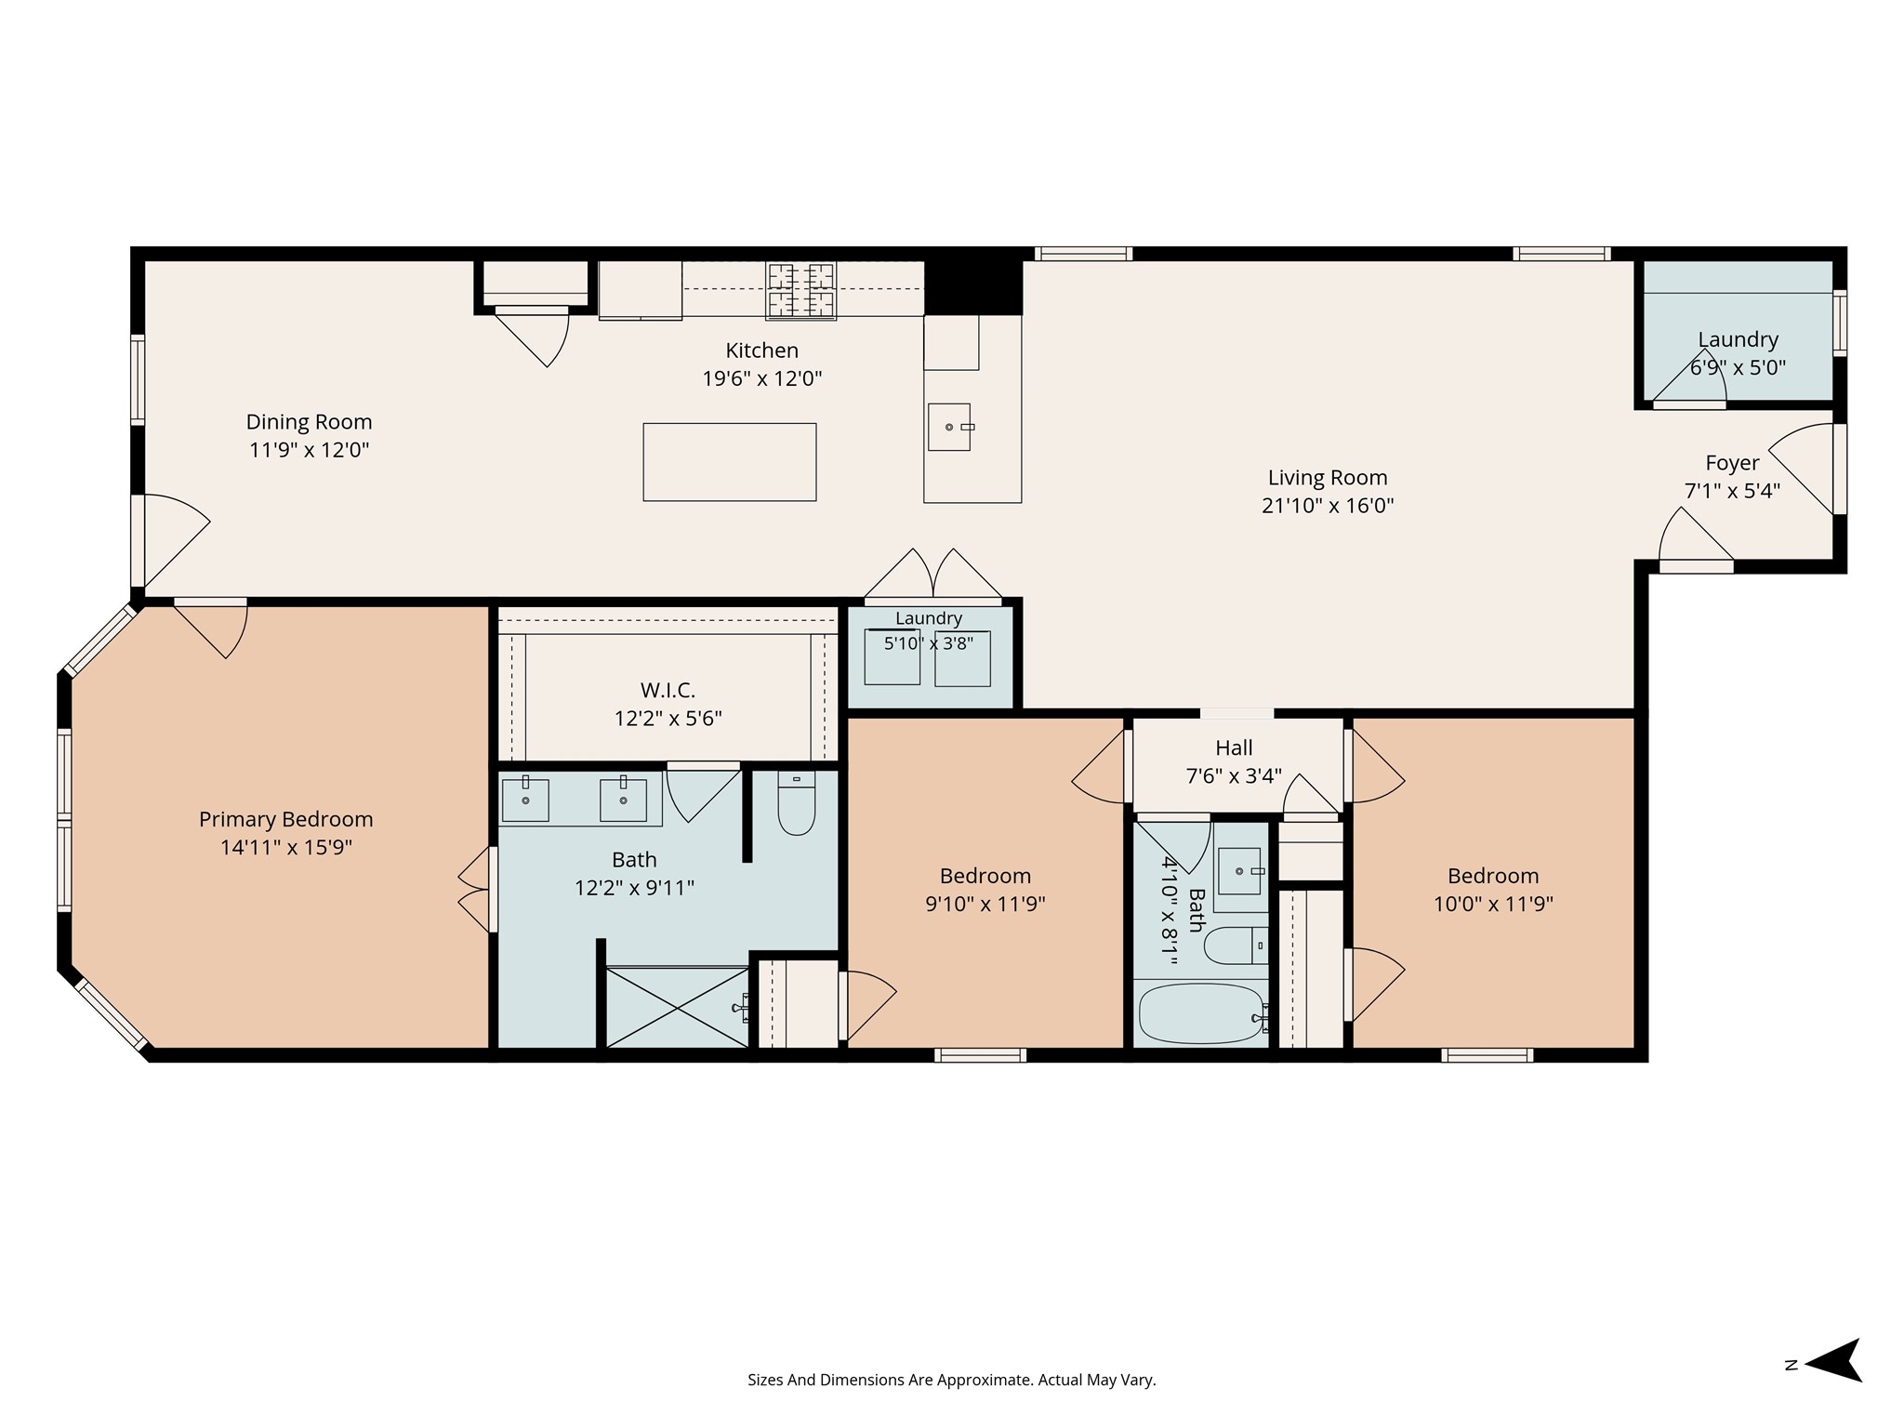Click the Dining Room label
coord(309,422)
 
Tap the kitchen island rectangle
coord(730,462)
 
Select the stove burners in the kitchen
coord(800,290)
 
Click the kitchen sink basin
coord(948,427)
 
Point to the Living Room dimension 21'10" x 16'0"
coord(1328,506)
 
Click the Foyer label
coord(1732,463)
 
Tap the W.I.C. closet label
coord(668,691)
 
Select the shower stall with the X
coord(677,1008)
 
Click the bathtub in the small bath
coord(1201,1013)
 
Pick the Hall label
coord(1234,747)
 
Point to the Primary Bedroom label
coord(286,820)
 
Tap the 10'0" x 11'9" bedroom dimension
coord(1493,904)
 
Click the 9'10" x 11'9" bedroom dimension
coord(985,904)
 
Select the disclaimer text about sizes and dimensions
coord(952,1381)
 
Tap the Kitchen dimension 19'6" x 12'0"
coord(762,378)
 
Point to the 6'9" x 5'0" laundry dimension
coord(1738,367)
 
